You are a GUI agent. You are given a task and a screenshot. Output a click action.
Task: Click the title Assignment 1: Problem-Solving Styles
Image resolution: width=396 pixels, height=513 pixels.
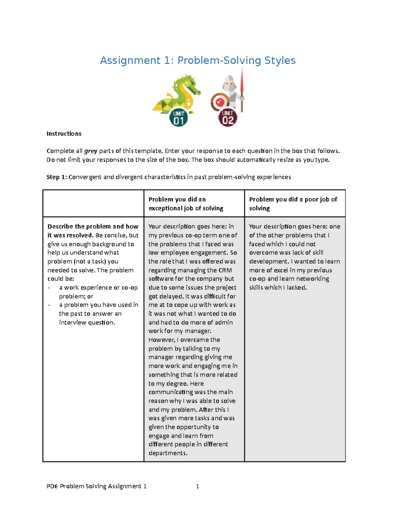pyautogui.click(x=198, y=60)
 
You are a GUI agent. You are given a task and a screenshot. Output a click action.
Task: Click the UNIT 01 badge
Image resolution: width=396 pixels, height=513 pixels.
pyautogui.click(x=179, y=118)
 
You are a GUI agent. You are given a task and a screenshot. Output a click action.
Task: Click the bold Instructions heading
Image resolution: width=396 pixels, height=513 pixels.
pyautogui.click(x=64, y=133)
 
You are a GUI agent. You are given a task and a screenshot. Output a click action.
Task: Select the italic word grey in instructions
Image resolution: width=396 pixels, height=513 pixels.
pyautogui.click(x=91, y=151)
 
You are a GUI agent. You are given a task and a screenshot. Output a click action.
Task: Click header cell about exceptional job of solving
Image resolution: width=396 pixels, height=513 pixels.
pyautogui.click(x=186, y=204)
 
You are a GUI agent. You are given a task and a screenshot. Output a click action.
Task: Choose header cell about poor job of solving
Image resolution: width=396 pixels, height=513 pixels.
pyautogui.click(x=293, y=204)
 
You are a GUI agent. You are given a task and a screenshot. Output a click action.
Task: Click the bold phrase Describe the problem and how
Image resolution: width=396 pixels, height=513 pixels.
pyautogui.click(x=93, y=227)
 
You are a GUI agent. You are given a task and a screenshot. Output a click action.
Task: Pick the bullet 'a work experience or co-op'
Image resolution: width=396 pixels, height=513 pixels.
pyautogui.click(x=98, y=288)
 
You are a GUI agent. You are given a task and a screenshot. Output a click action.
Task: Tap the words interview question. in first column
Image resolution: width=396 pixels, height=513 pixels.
pyautogui.click(x=87, y=322)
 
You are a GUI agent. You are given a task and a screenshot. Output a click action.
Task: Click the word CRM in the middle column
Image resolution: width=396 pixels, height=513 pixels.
pyautogui.click(x=225, y=270)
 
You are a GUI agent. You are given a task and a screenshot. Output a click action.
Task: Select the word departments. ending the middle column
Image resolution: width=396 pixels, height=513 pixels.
pyautogui.click(x=168, y=453)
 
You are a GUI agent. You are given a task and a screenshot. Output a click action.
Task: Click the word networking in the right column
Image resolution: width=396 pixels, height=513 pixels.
pyautogui.click(x=313, y=279)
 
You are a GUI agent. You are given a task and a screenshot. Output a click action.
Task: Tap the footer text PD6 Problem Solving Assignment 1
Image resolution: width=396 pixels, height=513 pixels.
pyautogui.click(x=96, y=486)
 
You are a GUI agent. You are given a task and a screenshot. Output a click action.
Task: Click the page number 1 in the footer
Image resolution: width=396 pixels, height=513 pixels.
pyautogui.click(x=197, y=486)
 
